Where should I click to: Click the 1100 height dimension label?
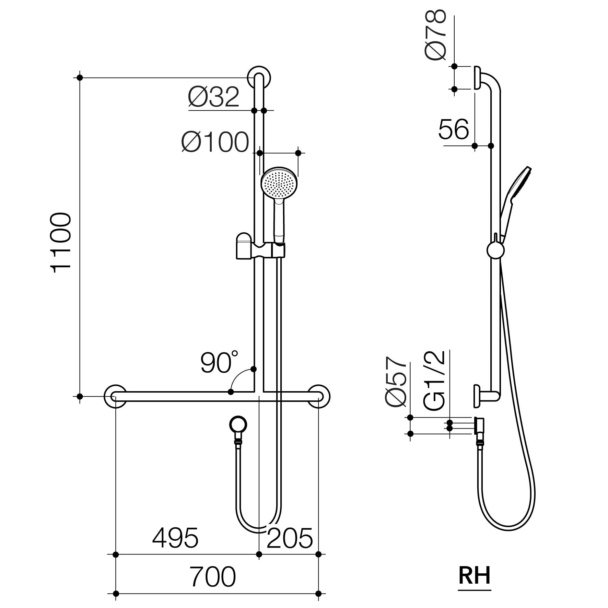[62, 242]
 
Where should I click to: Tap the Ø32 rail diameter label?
[213, 97]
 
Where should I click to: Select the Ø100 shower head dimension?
[215, 142]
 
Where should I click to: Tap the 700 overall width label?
[213, 576]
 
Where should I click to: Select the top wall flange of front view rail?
[259, 78]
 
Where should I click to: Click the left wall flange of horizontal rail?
[115, 396]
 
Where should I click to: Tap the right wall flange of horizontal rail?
[319, 396]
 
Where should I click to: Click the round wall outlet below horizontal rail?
[238, 425]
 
